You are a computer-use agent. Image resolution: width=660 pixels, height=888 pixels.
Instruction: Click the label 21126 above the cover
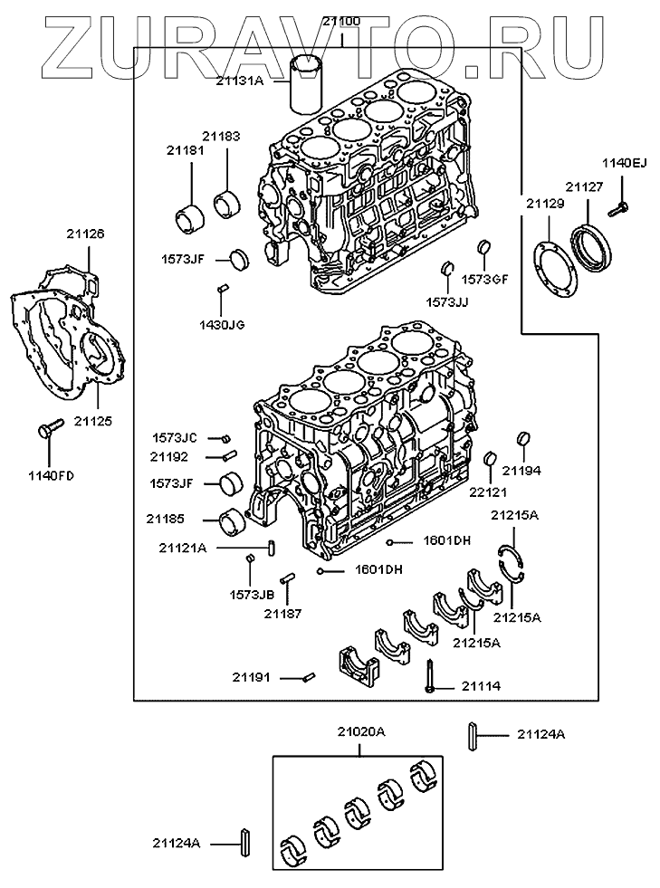click(x=86, y=234)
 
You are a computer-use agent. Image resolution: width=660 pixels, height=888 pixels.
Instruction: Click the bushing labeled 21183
click(x=226, y=204)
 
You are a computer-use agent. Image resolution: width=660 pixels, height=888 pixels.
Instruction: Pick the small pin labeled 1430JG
click(x=221, y=290)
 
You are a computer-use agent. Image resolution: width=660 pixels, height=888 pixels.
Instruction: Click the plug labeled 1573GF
click(x=483, y=247)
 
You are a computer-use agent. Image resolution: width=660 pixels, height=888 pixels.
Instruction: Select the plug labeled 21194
click(x=521, y=441)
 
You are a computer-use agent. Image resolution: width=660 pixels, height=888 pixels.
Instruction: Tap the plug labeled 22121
click(x=489, y=459)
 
